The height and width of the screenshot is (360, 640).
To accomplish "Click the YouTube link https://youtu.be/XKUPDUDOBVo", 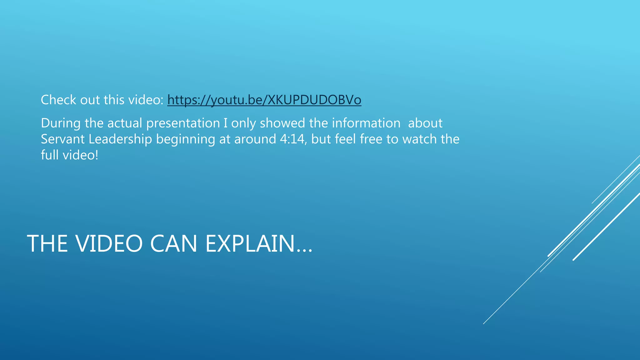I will click(264, 100).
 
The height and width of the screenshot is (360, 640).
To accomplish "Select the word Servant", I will click(62, 139).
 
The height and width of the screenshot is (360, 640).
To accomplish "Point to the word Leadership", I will click(120, 139).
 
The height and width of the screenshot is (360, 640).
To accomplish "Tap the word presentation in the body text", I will click(183, 123).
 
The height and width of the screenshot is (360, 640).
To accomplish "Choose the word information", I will click(366, 123).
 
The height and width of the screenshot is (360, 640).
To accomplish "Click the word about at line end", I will click(425, 123).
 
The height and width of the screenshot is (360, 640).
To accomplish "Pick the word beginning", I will click(185, 139).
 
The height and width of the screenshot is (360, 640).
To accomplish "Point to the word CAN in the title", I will click(174, 244).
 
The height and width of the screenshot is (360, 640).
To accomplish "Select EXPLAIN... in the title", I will click(259, 244).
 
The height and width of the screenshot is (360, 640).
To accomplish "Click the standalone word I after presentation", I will click(225, 123).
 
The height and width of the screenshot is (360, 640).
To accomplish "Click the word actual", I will click(125, 123).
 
